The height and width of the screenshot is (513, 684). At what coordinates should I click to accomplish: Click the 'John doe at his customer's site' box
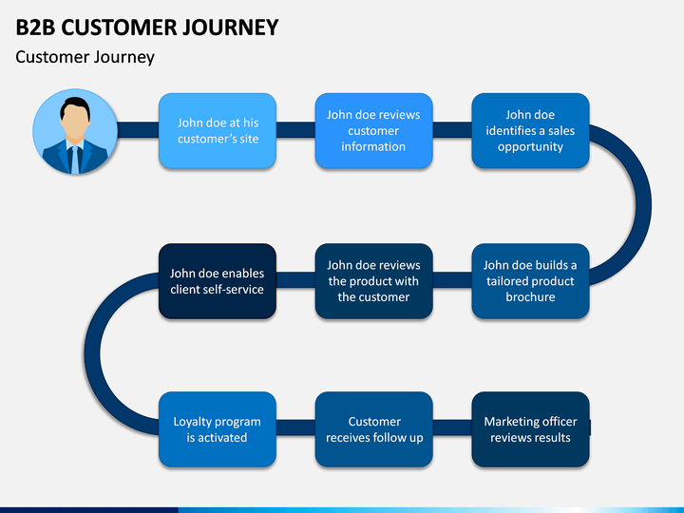point(218,130)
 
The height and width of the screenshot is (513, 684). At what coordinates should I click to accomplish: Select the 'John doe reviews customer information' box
point(374,130)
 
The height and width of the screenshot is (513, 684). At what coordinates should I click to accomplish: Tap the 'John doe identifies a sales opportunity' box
point(530,130)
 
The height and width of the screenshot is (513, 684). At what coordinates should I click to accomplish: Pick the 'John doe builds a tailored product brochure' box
point(530,281)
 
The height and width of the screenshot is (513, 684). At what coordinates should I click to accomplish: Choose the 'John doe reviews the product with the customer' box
point(374,281)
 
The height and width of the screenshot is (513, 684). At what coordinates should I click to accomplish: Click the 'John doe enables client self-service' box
point(218,281)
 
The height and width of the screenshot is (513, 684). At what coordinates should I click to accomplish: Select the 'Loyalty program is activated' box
point(218,429)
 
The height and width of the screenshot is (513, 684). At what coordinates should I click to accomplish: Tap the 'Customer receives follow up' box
point(374,429)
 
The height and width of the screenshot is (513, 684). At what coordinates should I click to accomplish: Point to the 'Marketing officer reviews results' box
point(530,429)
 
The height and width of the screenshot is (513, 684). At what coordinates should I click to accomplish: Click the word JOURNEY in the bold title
point(230,28)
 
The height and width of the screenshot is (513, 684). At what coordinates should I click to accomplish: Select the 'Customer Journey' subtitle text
point(85,58)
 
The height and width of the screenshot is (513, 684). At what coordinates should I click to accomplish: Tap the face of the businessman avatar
point(75,123)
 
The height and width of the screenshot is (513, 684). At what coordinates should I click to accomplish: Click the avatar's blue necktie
point(75,160)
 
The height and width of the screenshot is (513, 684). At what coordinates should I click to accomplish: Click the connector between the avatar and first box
point(138,130)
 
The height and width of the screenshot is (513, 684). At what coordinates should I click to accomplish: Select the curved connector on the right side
point(643,205)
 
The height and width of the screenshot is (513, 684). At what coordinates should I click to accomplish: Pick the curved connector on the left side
point(92,353)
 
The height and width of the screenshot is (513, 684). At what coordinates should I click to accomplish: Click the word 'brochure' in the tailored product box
point(530,297)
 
